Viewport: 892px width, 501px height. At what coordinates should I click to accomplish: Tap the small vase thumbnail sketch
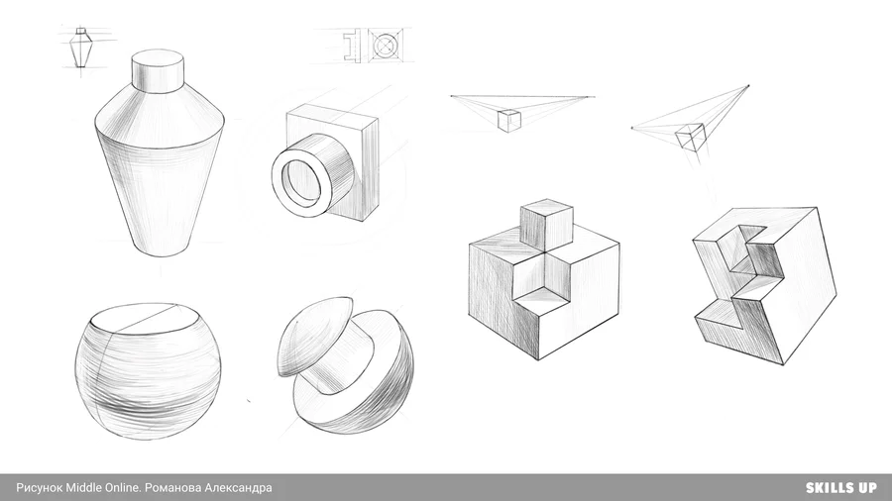coord(82,47)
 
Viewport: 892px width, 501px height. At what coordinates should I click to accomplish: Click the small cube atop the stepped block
coord(546,225)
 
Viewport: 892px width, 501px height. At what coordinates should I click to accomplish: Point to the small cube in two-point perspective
coord(509,121)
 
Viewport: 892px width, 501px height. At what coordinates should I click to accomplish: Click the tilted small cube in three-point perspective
coord(690,137)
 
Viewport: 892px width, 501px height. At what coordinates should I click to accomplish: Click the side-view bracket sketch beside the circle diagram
coord(352,44)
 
